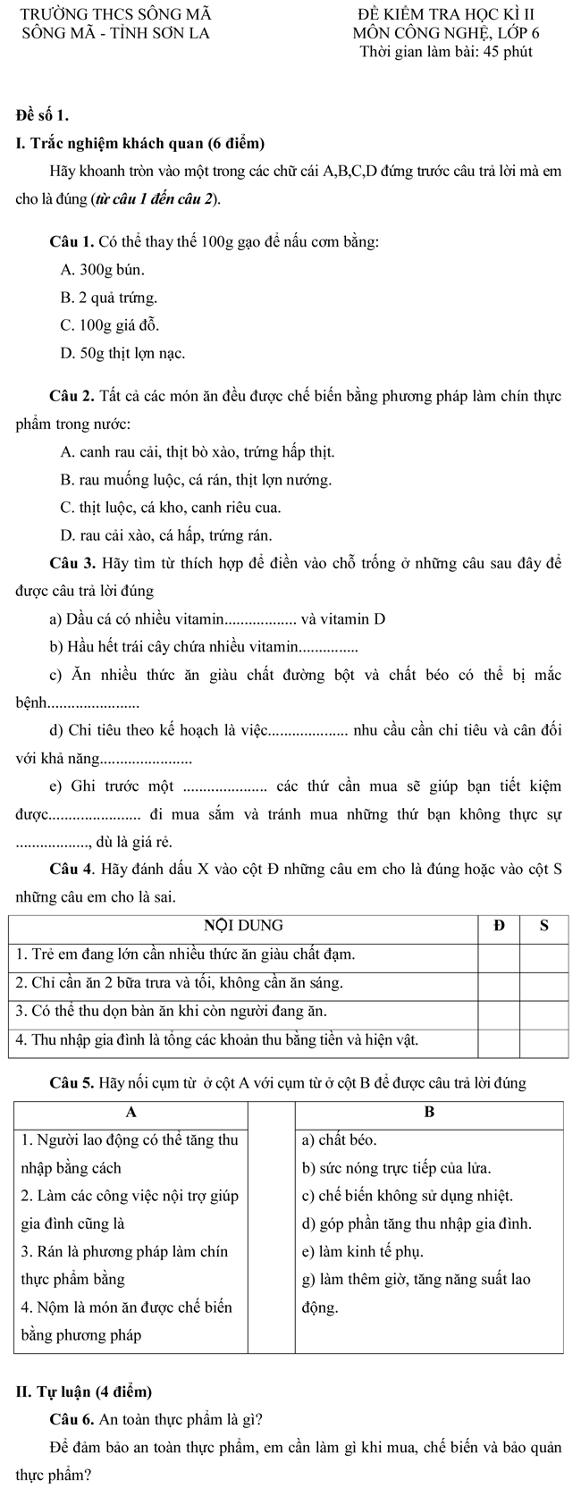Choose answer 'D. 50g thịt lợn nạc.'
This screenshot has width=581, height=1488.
coord(122,353)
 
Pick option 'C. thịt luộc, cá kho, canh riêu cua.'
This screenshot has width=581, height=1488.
coord(170,508)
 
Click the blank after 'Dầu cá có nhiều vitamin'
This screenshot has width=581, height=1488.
coord(261,619)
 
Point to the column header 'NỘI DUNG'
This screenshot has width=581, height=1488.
coord(244,925)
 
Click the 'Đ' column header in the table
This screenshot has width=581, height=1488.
coord(499,925)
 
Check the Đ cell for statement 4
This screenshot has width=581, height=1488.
coord(499,1041)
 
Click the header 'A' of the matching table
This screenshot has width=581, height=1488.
coord(131,1113)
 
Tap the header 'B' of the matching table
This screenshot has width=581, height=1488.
coord(428,1113)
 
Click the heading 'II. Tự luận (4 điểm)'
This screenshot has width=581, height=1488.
coord(85,1391)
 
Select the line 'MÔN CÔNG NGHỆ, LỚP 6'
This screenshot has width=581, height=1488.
coord(445,34)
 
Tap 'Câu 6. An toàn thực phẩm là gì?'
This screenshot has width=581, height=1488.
coord(157,1419)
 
